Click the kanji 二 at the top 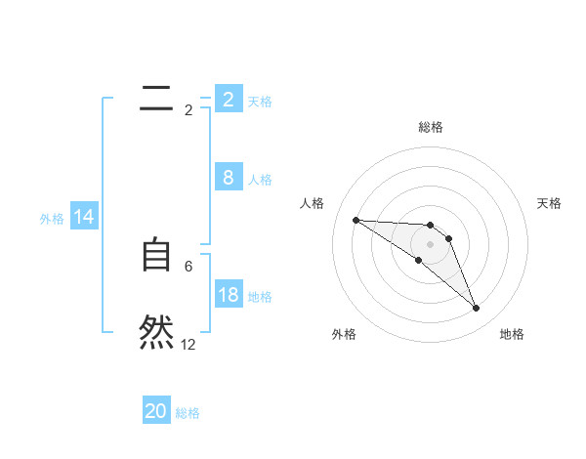156,98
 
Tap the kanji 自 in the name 156,255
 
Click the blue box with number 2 228,99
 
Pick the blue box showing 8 228,178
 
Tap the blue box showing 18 228,295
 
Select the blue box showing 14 84,218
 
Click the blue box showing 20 156,411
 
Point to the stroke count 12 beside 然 188,345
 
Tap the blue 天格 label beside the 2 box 260,101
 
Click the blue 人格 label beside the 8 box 260,180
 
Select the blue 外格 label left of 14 52,219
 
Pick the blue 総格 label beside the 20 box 188,413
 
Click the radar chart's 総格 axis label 430,127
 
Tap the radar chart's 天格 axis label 550,203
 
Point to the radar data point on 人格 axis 356,220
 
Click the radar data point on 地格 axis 476,309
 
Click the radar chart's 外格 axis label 344,335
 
